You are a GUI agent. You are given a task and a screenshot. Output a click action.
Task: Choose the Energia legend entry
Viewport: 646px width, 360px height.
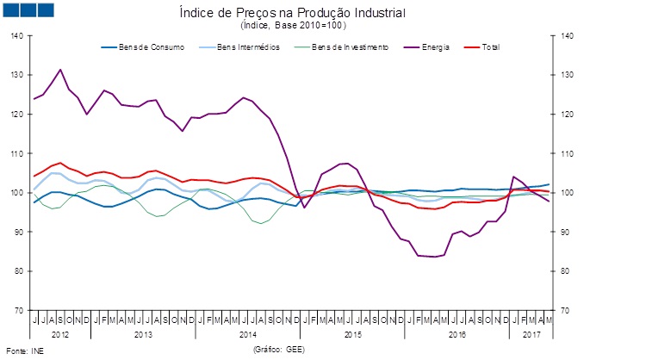423,47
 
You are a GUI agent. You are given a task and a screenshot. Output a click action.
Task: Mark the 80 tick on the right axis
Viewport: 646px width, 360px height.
565,270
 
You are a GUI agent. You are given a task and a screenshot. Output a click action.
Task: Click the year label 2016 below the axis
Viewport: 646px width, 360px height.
457,332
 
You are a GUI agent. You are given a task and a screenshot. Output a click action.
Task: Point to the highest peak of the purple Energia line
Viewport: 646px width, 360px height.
60,70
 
